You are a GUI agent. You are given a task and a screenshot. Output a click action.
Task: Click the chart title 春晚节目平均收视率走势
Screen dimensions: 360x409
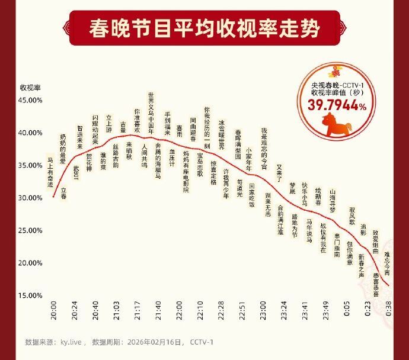click(204, 28)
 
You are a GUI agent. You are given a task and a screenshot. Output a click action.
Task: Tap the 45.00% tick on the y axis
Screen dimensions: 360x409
click(30, 100)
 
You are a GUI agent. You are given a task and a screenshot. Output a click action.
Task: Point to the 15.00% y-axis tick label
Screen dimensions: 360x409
click(30, 295)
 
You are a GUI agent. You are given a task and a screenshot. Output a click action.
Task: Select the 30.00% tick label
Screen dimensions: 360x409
click(30, 198)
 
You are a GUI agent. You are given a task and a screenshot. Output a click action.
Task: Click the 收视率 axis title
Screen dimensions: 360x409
click(30, 87)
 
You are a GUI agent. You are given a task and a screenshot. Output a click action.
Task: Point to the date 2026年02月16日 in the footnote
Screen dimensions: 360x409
click(156, 342)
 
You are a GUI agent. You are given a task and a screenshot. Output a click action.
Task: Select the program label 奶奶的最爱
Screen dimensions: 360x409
click(63, 149)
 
